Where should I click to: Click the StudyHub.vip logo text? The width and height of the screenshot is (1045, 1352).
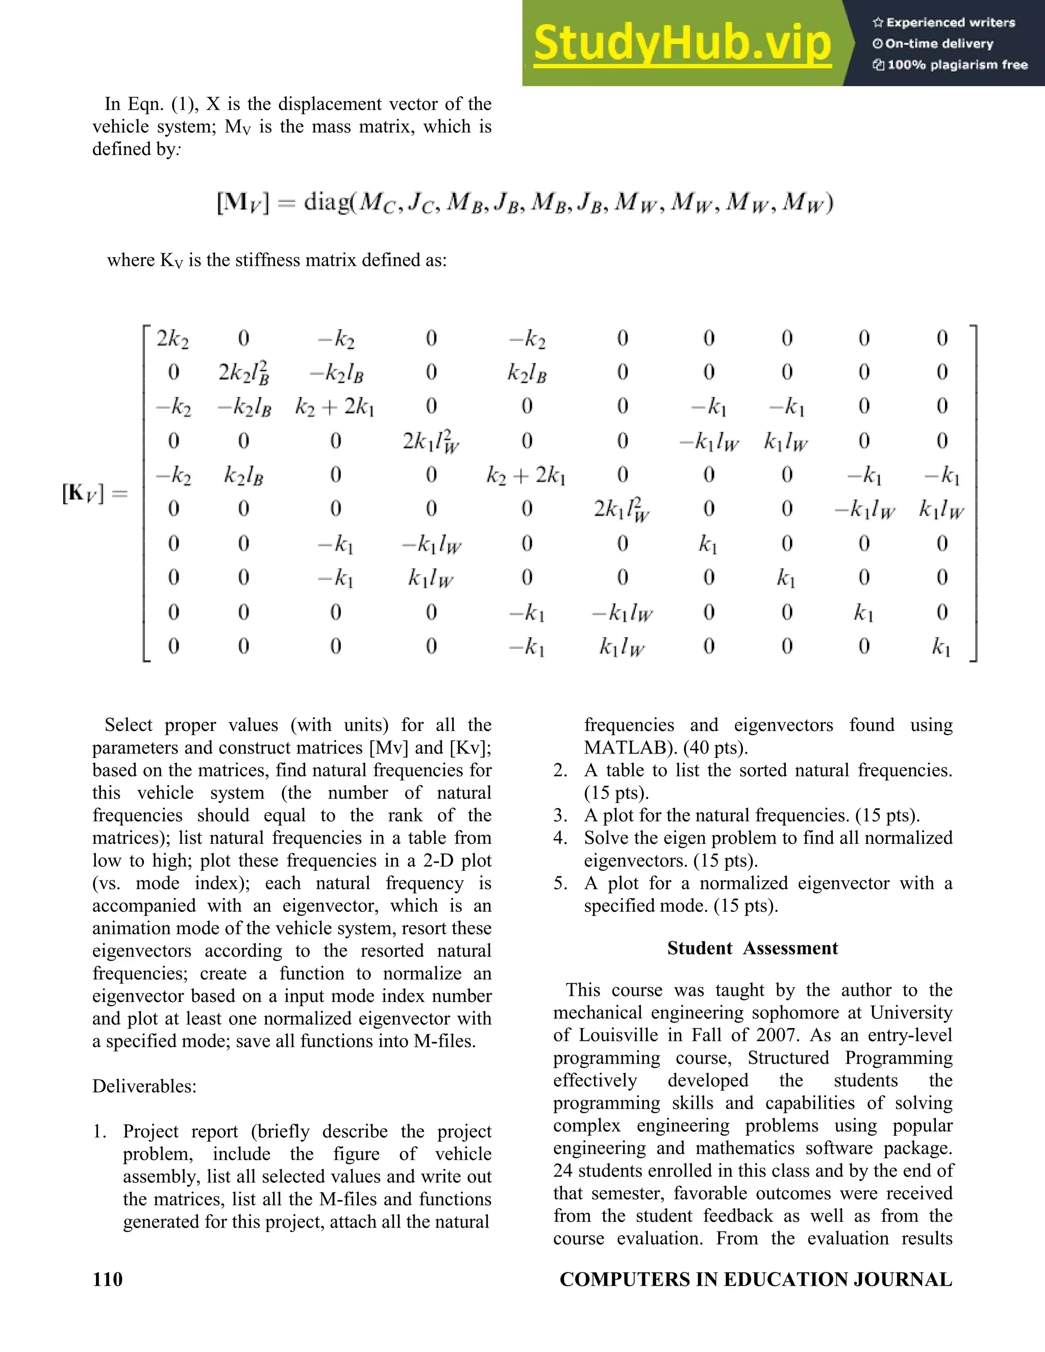click(682, 43)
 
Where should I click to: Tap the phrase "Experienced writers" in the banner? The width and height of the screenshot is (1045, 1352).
click(950, 23)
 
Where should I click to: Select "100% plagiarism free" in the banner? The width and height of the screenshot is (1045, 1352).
click(957, 65)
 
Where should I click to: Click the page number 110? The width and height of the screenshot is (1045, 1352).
click(107, 1279)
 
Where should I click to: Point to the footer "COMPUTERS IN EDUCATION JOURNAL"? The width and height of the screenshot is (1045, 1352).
click(755, 1279)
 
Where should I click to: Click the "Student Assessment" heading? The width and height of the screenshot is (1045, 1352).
click(752, 948)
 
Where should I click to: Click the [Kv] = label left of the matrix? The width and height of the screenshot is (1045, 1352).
click(93, 493)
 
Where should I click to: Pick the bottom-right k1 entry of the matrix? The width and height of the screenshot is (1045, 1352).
click(941, 647)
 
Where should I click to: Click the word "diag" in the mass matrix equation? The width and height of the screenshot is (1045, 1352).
click(326, 203)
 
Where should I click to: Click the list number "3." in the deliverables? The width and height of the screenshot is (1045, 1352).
click(560, 815)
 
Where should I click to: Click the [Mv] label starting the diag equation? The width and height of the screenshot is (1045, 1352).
click(243, 203)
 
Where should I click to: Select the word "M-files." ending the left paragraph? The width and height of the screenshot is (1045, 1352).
click(444, 1041)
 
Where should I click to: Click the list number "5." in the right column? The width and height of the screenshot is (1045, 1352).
click(560, 883)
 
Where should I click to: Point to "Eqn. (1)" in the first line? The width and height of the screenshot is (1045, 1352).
click(161, 104)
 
